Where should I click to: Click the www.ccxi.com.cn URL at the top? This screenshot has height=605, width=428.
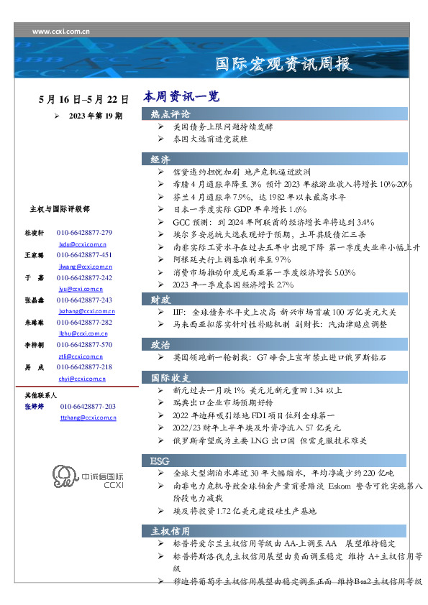61,32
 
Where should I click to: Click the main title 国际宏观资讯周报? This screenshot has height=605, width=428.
284,64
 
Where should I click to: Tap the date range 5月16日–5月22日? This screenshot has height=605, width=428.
84,100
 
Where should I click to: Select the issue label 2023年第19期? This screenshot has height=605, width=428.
96,115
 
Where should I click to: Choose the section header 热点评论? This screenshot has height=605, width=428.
170,114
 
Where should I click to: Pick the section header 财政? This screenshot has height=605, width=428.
160,298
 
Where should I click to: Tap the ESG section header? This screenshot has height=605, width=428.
159,460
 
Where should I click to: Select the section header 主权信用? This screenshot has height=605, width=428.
170,531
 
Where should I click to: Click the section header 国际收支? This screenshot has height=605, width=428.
170,377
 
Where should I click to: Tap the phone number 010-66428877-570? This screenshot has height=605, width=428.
84,345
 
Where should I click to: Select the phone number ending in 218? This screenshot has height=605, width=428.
84,366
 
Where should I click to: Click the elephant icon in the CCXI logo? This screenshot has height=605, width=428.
64,477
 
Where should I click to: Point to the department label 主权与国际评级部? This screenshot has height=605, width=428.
60,209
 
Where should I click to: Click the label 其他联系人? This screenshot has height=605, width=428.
41,395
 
